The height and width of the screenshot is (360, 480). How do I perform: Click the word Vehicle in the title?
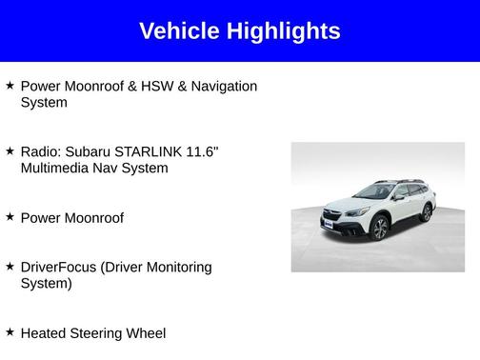[x=178, y=31]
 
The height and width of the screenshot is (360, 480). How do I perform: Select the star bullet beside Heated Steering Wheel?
[x=10, y=332]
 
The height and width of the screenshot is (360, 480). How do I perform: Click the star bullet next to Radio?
[x=10, y=151]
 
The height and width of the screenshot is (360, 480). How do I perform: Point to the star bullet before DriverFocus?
[x=10, y=267]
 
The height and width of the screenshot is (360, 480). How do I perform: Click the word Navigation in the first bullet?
[x=223, y=86]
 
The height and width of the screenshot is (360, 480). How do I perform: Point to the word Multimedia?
[x=56, y=169]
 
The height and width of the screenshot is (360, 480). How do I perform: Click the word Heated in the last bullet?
[x=43, y=333]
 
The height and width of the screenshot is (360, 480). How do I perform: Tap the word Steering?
[x=99, y=333]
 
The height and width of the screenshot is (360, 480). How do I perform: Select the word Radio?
[x=40, y=151]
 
